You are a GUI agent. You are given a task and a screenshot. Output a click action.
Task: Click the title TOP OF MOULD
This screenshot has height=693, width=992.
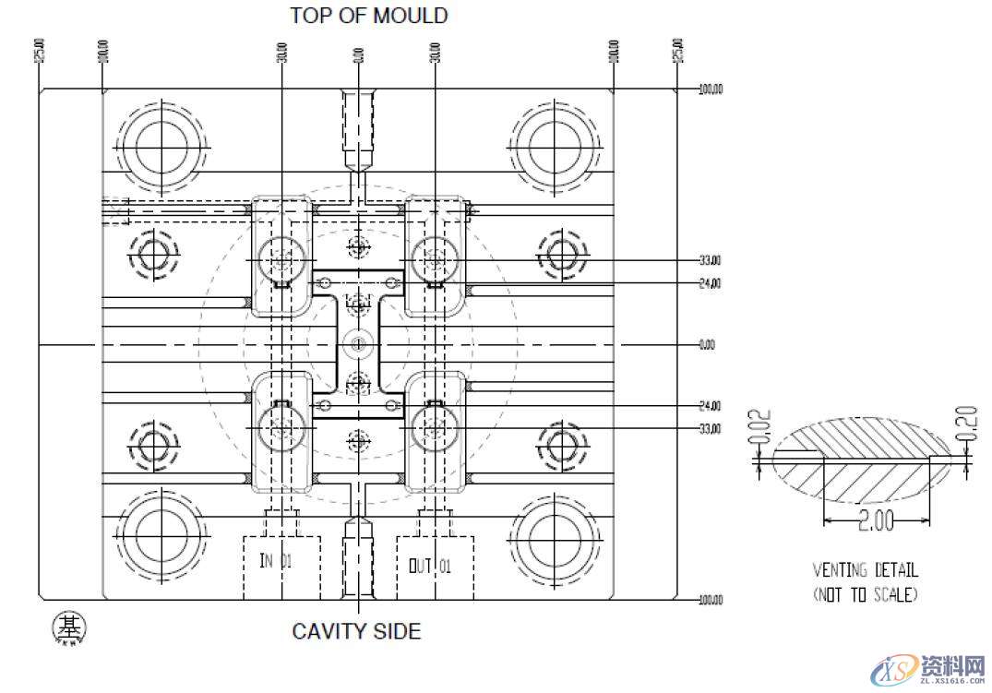(x=368, y=16)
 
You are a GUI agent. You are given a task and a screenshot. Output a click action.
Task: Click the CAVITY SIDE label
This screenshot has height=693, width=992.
(x=356, y=631)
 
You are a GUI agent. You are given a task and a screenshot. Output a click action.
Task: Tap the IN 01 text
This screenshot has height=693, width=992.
(x=277, y=561)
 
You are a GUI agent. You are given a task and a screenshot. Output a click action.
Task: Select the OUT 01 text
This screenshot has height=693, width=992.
(x=430, y=565)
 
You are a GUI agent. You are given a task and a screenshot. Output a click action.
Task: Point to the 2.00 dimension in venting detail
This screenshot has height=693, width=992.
(x=876, y=521)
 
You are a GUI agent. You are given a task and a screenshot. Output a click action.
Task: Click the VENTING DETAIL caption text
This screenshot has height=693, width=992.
(x=865, y=571)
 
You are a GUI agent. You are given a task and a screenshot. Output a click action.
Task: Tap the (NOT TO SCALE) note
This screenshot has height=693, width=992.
(x=865, y=595)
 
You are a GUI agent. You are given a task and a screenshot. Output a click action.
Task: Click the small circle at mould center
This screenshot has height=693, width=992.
(x=357, y=345)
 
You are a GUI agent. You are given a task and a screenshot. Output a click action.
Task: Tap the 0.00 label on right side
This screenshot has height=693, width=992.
(x=708, y=345)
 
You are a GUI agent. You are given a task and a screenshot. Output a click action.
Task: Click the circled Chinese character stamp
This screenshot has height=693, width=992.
(x=68, y=627)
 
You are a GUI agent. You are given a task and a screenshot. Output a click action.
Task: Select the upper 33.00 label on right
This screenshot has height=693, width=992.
(x=710, y=260)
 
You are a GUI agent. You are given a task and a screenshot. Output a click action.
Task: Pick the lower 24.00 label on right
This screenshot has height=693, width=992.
(x=710, y=406)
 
